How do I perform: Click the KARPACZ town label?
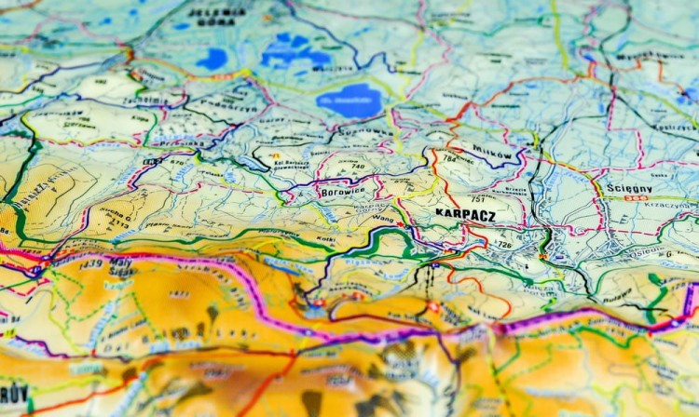pos(465,214)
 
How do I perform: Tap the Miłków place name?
pos(491,151)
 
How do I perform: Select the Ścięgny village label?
pos(629,189)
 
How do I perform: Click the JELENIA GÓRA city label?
pos(217,14)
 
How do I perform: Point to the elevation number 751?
pos(478,199)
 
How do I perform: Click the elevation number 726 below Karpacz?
pos(503,244)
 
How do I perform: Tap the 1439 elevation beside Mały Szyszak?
pos(91,264)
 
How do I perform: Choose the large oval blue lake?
pos(349,100)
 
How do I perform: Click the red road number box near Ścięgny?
pos(637,198)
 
